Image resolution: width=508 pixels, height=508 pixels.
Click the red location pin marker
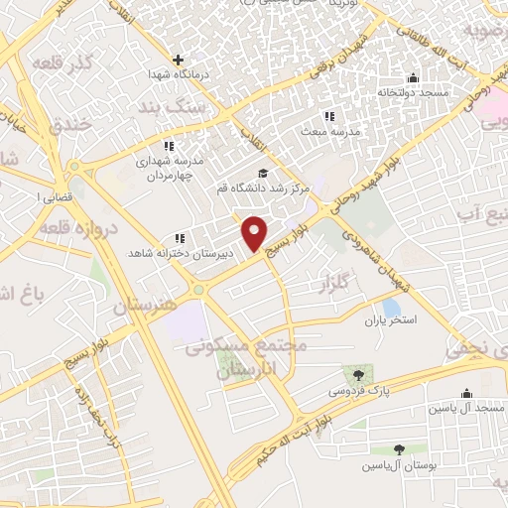click(255, 232)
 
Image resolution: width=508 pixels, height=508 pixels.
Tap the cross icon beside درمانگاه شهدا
click(179, 61)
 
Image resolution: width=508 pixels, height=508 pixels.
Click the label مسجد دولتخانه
click(412, 91)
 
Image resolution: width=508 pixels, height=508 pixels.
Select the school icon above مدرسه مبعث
click(330, 116)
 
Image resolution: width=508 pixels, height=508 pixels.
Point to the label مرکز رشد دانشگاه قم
click(265, 187)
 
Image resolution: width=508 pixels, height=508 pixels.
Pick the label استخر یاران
click(390, 320)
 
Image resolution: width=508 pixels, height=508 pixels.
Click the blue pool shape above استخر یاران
click(391, 308)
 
